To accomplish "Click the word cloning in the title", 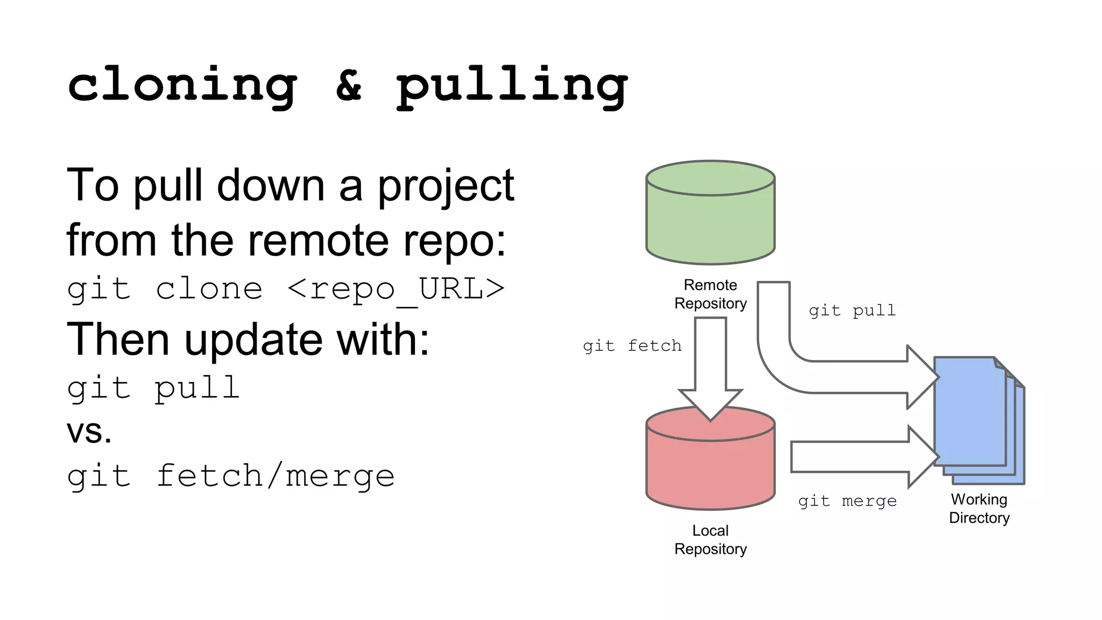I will pyautogui.click(x=182, y=85).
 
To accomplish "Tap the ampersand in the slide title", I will pyautogui.click(x=349, y=85).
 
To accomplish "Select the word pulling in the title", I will pyautogui.click(x=511, y=86).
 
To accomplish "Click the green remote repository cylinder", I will pyautogui.click(x=710, y=221).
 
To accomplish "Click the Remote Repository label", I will pyautogui.click(x=710, y=294).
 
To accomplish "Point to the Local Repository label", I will pyautogui.click(x=710, y=540).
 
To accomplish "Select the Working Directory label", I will pyautogui.click(x=979, y=509).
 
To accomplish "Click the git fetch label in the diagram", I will pyautogui.click(x=632, y=346).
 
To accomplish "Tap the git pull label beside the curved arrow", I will pyautogui.click(x=852, y=311).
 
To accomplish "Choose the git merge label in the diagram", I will pyautogui.click(x=847, y=501).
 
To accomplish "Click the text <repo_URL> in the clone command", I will pyautogui.click(x=396, y=290).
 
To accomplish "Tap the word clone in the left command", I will pyautogui.click(x=209, y=290).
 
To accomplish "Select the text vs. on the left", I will pyautogui.click(x=89, y=432).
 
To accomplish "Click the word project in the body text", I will pyautogui.click(x=446, y=186).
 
